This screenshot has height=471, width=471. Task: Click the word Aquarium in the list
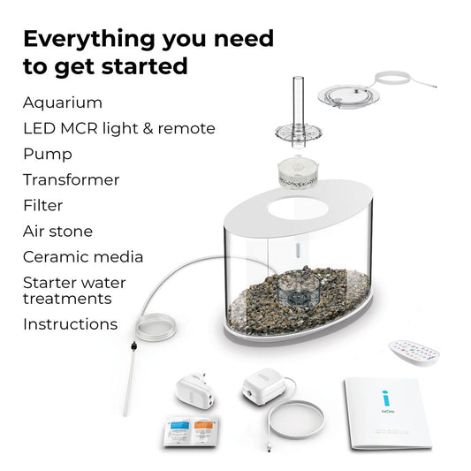pos(63,103)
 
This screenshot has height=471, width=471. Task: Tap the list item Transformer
pos(72,180)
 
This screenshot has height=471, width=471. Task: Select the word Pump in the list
pos(48,155)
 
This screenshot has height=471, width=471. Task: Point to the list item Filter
pos(43,206)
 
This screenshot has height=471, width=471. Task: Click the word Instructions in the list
pos(71,324)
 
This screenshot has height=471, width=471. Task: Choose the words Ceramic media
pos(83,257)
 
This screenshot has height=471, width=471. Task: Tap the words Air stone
pos(57,232)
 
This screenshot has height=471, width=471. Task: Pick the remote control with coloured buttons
pos(414,352)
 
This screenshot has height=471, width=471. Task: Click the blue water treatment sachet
pos(179,431)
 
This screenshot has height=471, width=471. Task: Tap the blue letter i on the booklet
pos(386,398)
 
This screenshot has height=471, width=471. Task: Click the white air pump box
pos(263,386)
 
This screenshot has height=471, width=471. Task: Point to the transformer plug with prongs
pos(196,391)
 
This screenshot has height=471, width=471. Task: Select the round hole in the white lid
pos(298,209)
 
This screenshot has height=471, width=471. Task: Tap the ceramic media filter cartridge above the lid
pos(298,172)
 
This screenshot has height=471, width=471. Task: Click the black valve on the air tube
pos(134,346)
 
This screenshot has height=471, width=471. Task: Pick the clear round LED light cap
pos(348,96)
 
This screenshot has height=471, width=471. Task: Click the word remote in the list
pos(186,128)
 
